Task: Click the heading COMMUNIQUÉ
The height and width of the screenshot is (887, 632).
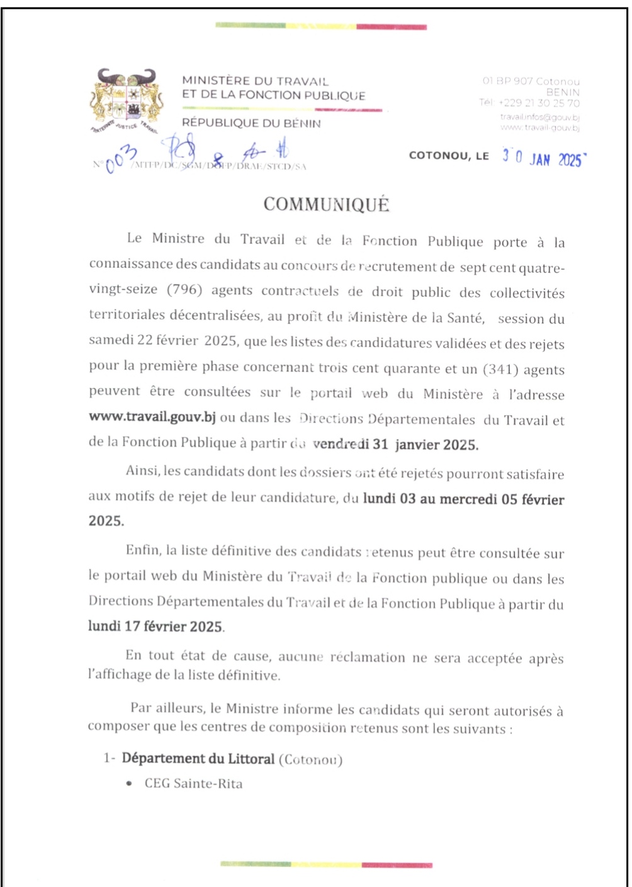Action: point(326,205)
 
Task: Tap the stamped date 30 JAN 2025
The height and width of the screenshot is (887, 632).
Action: point(543,157)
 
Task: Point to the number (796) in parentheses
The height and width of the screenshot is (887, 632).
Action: point(184,290)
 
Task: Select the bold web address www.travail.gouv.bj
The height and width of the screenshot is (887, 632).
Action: point(152,417)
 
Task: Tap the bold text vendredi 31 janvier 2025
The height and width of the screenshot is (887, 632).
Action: point(395,444)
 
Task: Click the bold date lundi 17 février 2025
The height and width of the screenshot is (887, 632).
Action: point(155,626)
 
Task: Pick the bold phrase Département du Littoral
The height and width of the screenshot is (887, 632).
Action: point(198,758)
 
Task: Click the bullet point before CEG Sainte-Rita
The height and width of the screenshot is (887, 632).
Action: point(129,784)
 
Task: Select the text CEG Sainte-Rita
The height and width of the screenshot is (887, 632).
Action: point(193,784)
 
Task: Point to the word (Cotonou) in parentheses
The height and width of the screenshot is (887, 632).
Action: point(310,759)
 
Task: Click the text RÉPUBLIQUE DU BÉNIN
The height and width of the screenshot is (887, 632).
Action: point(251,123)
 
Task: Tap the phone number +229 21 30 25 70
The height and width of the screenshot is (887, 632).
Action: point(539,103)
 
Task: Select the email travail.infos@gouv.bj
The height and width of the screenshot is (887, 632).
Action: point(539,117)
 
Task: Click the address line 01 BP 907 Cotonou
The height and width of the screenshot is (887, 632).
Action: point(531,81)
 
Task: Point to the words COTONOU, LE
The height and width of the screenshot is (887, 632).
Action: point(449,156)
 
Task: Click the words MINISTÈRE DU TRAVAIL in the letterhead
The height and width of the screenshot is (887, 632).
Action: point(255,81)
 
